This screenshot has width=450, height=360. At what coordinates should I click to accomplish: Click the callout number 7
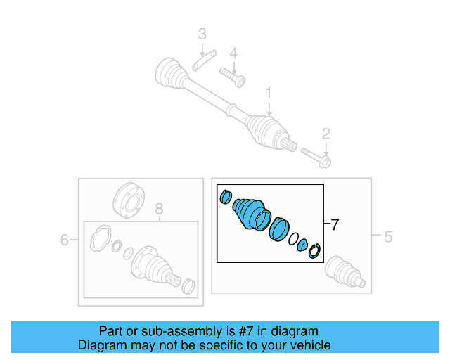point(335,225)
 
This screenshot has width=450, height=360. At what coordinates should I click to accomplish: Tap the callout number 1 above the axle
point(268,93)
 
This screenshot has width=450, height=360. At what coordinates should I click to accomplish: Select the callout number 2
point(326,134)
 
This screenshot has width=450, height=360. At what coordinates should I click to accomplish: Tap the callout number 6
point(65,240)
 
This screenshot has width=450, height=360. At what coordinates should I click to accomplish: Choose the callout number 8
point(159,209)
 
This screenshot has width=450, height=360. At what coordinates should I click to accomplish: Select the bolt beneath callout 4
point(232,75)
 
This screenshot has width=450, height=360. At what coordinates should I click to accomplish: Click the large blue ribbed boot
point(250,212)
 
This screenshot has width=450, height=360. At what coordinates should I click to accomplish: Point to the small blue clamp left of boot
point(226,196)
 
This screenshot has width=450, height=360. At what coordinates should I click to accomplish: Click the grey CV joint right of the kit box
point(345,273)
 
